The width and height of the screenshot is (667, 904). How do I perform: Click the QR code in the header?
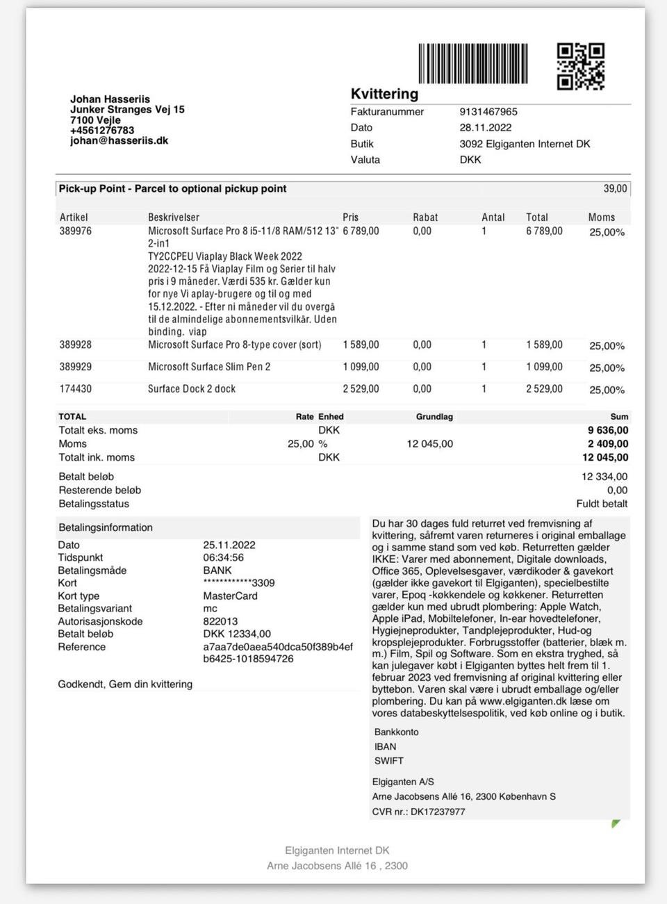pos(581,67)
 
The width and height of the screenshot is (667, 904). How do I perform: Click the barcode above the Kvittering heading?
pos(472,64)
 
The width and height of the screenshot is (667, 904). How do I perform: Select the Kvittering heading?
pos(384,94)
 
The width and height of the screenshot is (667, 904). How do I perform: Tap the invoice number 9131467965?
pos(488,112)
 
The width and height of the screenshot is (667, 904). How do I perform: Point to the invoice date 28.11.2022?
pos(485,128)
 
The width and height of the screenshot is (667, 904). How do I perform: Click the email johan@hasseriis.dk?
pos(119,140)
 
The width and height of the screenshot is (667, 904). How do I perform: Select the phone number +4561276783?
pos(102,130)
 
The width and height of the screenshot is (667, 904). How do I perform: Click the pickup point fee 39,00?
pos(615,189)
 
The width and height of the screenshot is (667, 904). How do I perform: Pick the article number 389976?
pos(75,231)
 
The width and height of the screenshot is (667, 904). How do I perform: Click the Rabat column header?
pos(425,217)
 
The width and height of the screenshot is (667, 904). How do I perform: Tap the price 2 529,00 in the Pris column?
pos(361,389)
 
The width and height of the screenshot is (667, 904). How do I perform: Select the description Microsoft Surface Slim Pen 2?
pos(209,367)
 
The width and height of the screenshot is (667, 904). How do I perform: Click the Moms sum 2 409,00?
pos(608,444)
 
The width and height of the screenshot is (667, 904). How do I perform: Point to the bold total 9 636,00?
pos(608,430)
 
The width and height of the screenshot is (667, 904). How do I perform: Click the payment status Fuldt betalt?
pos(602,504)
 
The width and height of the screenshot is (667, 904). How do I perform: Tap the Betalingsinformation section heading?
pos(106,527)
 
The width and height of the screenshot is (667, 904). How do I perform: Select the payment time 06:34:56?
pos(223,557)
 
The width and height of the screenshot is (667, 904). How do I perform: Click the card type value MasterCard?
pos(230,595)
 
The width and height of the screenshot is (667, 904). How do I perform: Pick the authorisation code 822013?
pos(220,621)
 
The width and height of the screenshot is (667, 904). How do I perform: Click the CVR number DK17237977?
pos(438,812)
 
